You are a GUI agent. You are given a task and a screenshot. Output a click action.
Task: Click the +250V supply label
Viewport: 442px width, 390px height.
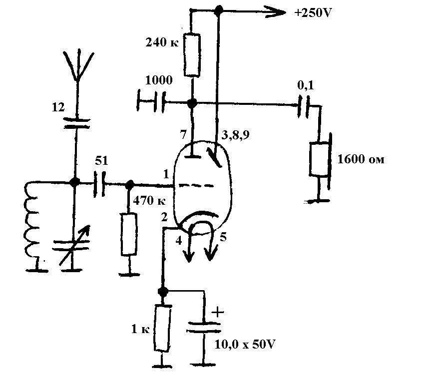[313, 13]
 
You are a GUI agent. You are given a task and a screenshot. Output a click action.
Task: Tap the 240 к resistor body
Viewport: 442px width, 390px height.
[192, 55]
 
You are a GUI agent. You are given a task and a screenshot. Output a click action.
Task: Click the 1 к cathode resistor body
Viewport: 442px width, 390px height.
[163, 328]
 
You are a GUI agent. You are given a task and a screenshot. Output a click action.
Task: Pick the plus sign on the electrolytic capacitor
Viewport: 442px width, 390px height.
[218, 312]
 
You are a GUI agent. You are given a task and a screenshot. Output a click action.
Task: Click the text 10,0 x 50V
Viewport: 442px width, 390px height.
[245, 345]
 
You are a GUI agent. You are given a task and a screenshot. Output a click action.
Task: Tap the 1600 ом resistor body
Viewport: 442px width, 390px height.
[319, 159]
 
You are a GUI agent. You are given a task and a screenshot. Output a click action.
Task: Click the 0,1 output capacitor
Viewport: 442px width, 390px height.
[304, 106]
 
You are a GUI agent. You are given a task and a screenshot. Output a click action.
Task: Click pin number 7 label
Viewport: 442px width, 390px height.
[183, 134]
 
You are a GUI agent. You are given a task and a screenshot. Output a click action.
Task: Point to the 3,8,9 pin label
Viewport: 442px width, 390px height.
[235, 135]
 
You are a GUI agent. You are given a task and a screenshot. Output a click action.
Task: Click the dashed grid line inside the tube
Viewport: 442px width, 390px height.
[196, 185]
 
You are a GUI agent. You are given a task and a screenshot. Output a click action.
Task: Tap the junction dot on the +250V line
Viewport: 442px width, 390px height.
[218, 10]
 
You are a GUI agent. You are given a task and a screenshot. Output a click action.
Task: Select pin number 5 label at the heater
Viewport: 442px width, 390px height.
[223, 237]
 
